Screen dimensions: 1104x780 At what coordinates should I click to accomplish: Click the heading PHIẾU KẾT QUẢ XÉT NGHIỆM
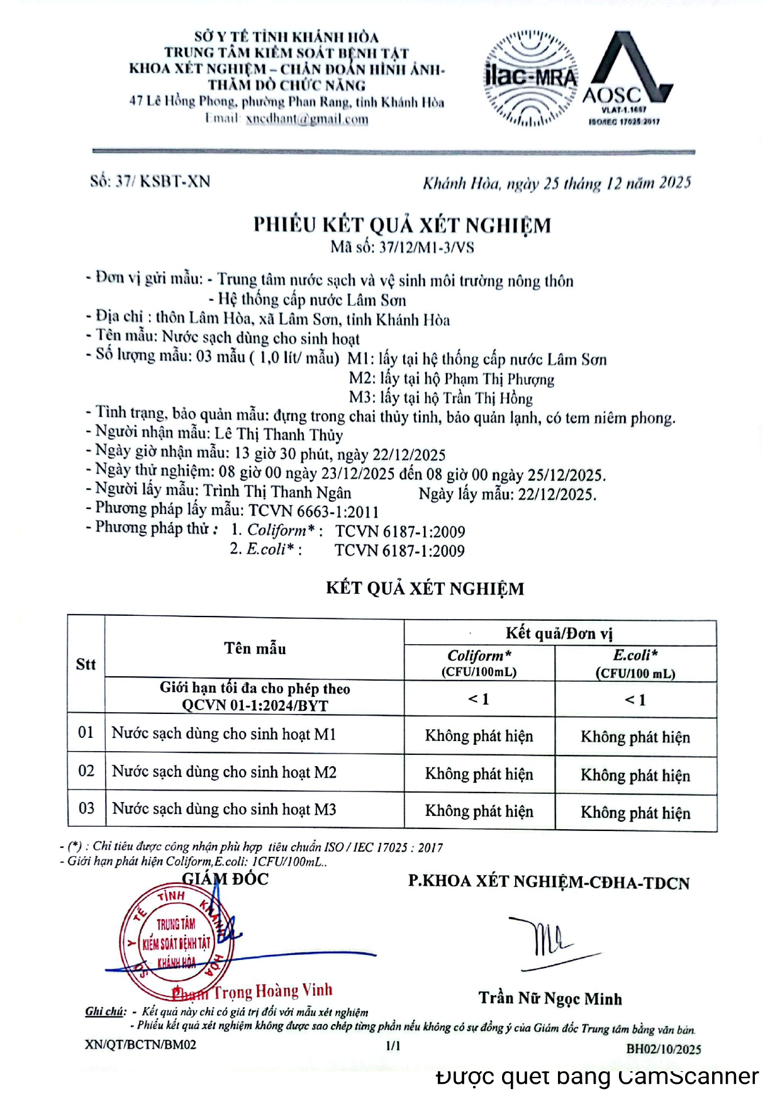tap(402, 225)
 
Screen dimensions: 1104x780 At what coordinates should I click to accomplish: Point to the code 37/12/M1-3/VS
tap(426, 247)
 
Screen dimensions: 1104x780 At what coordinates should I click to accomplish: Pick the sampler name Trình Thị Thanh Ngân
tap(277, 492)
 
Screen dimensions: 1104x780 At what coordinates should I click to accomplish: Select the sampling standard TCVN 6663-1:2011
tap(314, 511)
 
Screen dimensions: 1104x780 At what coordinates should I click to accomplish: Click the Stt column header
tap(86, 664)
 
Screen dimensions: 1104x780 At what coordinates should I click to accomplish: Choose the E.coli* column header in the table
tap(635, 655)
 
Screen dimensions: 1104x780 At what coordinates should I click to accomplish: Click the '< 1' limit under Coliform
tap(479, 699)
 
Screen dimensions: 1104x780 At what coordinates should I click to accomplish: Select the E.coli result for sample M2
tap(635, 775)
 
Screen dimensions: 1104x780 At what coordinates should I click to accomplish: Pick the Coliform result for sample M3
tap(479, 811)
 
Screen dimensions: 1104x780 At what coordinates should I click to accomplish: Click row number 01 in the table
tap(86, 733)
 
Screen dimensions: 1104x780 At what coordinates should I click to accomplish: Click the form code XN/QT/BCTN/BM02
tap(140, 1045)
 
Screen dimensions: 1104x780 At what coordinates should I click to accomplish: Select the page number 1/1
tap(393, 1045)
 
